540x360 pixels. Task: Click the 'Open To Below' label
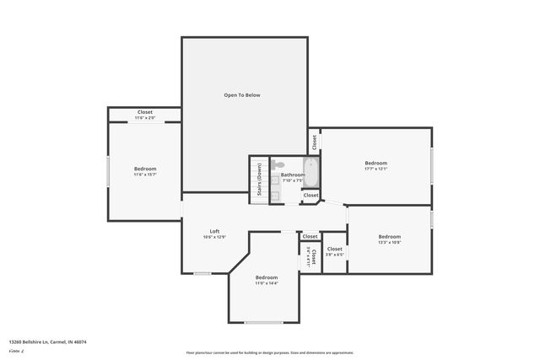click(x=242, y=95)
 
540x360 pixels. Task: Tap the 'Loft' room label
click(x=215, y=231)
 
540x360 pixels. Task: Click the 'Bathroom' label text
click(x=292, y=175)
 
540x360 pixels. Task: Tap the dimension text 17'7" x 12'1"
click(x=375, y=169)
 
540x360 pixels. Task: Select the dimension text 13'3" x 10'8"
click(x=389, y=243)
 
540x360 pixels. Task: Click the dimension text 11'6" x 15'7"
click(x=145, y=175)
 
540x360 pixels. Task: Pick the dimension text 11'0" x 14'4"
click(x=267, y=283)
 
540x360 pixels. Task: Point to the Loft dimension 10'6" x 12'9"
click(x=214, y=238)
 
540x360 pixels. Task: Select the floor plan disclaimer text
click(x=270, y=352)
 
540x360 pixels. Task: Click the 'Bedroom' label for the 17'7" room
click(x=375, y=163)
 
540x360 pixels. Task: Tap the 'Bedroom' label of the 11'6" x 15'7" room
click(x=145, y=169)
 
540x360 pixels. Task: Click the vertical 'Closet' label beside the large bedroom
click(x=314, y=142)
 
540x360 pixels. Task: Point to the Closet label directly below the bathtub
click(x=311, y=195)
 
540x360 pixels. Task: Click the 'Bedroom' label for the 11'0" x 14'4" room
click(x=267, y=277)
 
